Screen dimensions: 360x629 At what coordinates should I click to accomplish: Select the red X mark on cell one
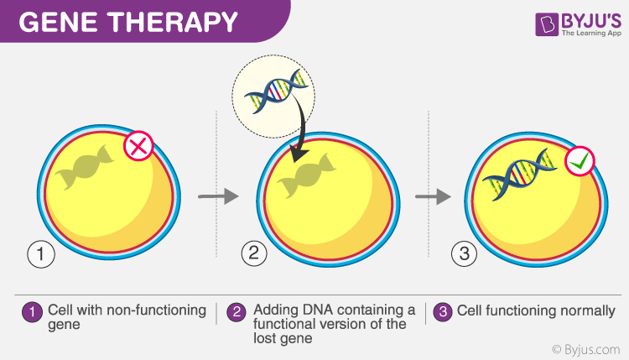137,148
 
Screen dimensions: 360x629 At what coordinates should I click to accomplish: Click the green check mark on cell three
579,161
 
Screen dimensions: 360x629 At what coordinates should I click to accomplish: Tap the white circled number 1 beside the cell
39,253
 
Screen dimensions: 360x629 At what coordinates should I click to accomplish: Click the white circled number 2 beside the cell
254,253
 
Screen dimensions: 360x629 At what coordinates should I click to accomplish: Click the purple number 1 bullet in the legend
31,311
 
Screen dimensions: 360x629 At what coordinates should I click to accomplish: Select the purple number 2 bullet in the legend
237,311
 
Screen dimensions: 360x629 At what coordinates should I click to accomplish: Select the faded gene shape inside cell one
85,169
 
